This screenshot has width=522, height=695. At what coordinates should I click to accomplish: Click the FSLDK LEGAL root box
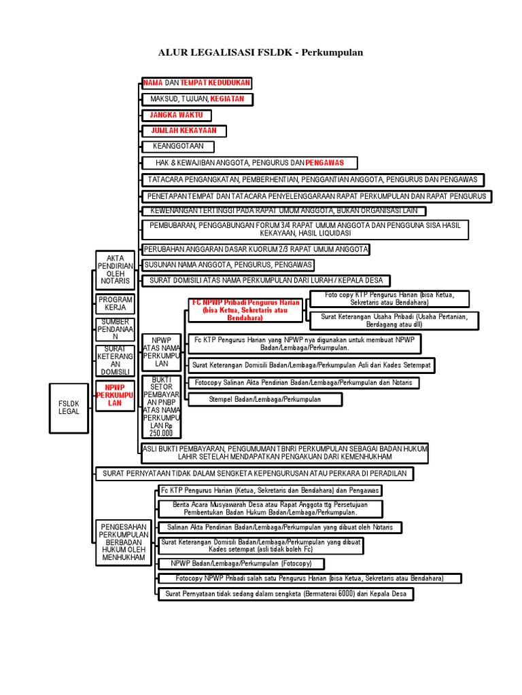click(69, 407)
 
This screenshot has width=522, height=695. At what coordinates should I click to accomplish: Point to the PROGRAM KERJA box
click(116, 303)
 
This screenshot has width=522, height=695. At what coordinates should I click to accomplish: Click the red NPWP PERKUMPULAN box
click(115, 394)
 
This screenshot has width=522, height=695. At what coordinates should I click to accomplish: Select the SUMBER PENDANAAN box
click(115, 328)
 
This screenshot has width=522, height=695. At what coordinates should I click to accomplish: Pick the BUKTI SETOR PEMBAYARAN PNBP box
click(160, 405)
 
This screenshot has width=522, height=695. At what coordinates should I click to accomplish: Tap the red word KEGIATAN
click(230, 99)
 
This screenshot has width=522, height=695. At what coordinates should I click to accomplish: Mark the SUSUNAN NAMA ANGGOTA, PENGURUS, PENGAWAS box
click(209, 265)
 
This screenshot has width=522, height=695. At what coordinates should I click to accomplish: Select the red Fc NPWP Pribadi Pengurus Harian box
click(245, 309)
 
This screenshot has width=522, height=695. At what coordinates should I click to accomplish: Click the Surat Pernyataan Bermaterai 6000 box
click(285, 593)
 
